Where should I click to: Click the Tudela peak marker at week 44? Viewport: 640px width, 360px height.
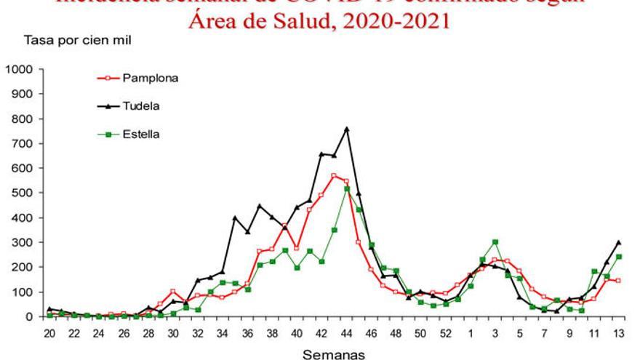point(347,129)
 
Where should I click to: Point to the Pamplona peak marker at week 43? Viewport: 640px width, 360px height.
point(334,176)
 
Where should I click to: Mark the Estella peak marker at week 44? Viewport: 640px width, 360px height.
point(347,189)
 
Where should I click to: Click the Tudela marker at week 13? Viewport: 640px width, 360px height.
point(618,242)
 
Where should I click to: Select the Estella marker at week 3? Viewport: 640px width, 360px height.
point(495,242)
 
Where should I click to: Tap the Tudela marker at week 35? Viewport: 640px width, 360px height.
point(235,217)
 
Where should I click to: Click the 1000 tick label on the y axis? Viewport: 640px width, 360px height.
point(18,69)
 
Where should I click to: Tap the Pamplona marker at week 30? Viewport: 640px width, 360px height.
point(173,292)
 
